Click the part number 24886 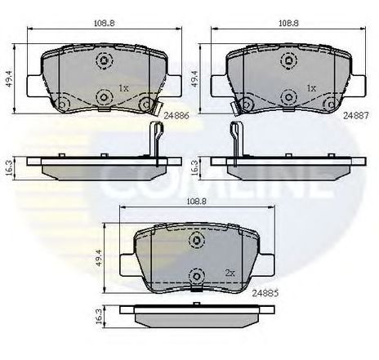pyautogui.click(x=176, y=116)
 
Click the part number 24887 pyautogui.click(x=355, y=116)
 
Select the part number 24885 pyautogui.click(x=265, y=293)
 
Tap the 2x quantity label pyautogui.click(x=230, y=273)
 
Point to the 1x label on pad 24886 pyautogui.click(x=123, y=88)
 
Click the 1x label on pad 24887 pyautogui.click(x=311, y=88)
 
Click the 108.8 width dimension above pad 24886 pyautogui.click(x=105, y=23)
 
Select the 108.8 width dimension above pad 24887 pyautogui.click(x=288, y=23)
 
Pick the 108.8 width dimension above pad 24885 pyautogui.click(x=197, y=202)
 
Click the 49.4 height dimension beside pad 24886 pyautogui.click(x=10, y=78)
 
